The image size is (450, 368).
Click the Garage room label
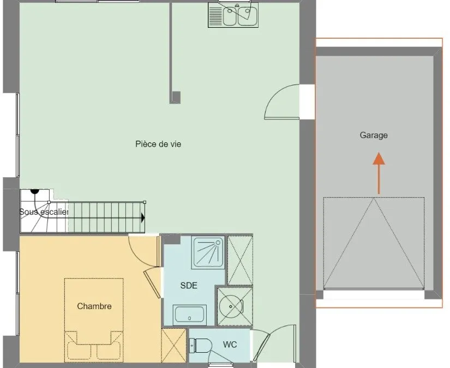click(x=374, y=135)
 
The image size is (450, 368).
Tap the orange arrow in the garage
click(x=379, y=173)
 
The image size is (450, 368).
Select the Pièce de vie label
click(x=158, y=144)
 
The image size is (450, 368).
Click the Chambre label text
click(x=94, y=306)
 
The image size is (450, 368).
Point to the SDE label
click(x=189, y=285)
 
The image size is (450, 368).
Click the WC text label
click(x=230, y=344)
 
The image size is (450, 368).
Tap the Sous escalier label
click(x=44, y=212)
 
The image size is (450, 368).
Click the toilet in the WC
click(x=200, y=345)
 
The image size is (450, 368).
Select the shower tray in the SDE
click(x=208, y=252)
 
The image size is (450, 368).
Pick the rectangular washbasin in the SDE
click(x=189, y=314)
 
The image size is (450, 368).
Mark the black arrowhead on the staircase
click(x=143, y=218)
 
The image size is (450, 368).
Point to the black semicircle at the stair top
click(x=35, y=191)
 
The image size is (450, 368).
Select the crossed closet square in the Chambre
click(x=174, y=345)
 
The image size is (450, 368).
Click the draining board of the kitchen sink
click(x=215, y=15)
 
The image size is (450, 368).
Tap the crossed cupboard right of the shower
click(x=240, y=260)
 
